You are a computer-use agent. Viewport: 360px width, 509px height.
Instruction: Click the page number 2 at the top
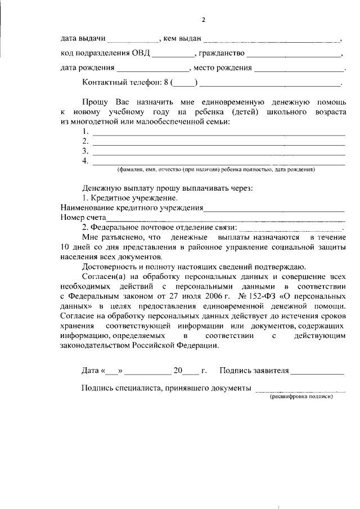click(x=204, y=21)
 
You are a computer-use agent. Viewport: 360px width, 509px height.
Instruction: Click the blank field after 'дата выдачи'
click(x=133, y=40)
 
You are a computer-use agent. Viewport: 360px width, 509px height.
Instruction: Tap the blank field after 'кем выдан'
click(x=271, y=40)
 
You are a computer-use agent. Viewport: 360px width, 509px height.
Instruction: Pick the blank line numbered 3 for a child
click(x=218, y=153)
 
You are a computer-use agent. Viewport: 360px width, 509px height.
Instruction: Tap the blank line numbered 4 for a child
click(x=218, y=163)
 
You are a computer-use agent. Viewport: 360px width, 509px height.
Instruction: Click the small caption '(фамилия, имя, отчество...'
click(x=216, y=169)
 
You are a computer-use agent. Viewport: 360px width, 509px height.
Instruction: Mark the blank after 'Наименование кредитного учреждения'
click(x=273, y=209)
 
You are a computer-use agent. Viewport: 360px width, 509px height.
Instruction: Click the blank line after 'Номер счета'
click(x=224, y=219)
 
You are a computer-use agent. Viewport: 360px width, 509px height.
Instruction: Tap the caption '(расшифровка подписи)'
click(x=300, y=396)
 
